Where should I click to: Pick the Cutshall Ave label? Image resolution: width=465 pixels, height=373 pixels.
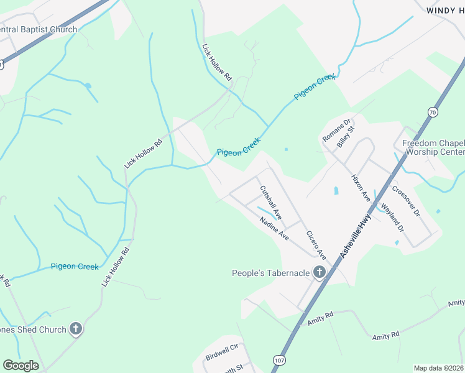[271, 203]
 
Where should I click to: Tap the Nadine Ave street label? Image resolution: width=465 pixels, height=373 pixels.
[275, 229]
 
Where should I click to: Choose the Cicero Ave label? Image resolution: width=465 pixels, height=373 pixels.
[316, 245]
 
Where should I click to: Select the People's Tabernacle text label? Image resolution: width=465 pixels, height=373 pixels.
[270, 273]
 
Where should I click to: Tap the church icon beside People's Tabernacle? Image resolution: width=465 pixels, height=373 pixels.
[319, 272]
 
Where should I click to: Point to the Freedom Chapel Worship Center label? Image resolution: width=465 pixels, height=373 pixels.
[433, 147]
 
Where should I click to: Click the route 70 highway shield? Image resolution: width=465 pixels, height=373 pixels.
[432, 111]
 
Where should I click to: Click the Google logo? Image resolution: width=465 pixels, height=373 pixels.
[21, 366]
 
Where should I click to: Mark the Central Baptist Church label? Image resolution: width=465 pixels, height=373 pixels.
[39, 29]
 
